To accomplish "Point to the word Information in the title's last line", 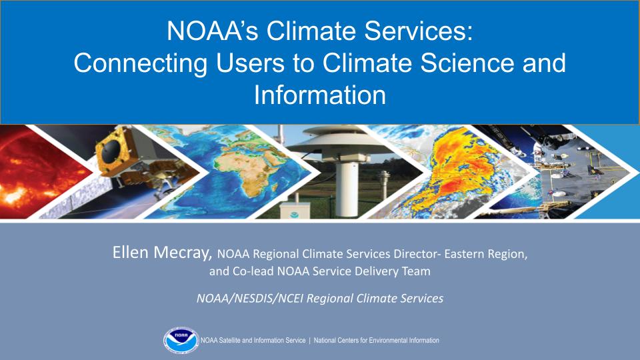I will tap(320, 95).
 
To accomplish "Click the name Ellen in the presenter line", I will tap(130, 254).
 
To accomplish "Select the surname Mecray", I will tap(184, 254).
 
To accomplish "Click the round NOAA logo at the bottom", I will tap(181, 341).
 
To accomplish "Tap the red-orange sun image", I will tap(33, 173).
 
